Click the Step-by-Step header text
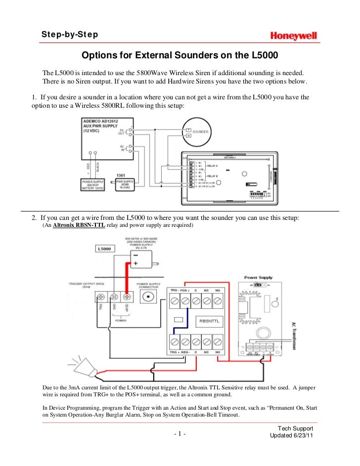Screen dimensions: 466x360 (69, 35)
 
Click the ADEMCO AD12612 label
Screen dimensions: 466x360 (101, 120)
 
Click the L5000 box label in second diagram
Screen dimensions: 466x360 (105, 249)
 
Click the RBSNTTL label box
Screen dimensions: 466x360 (209, 321)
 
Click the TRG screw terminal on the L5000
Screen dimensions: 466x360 (101, 298)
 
